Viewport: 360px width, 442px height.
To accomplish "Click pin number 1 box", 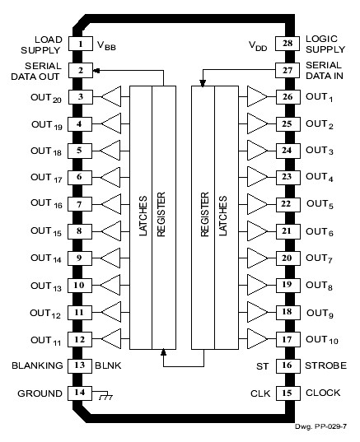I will (x=80, y=44).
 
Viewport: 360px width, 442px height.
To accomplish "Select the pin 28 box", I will (x=285, y=44).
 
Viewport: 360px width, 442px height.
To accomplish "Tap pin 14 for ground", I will (x=80, y=393).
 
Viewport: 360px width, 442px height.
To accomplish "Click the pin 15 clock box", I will (x=285, y=393).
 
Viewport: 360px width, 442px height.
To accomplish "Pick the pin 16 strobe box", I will (x=285, y=365).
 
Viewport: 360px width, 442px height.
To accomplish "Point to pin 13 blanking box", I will (x=80, y=365).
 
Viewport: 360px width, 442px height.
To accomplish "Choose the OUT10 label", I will (x=321, y=339).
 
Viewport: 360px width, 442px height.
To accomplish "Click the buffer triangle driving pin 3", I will (x=111, y=97).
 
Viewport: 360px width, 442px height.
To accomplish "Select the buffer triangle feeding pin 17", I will (x=255, y=338).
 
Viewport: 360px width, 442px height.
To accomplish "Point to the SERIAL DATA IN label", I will (x=323, y=71).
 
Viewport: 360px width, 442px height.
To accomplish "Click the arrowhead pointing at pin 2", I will (x=96, y=71).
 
